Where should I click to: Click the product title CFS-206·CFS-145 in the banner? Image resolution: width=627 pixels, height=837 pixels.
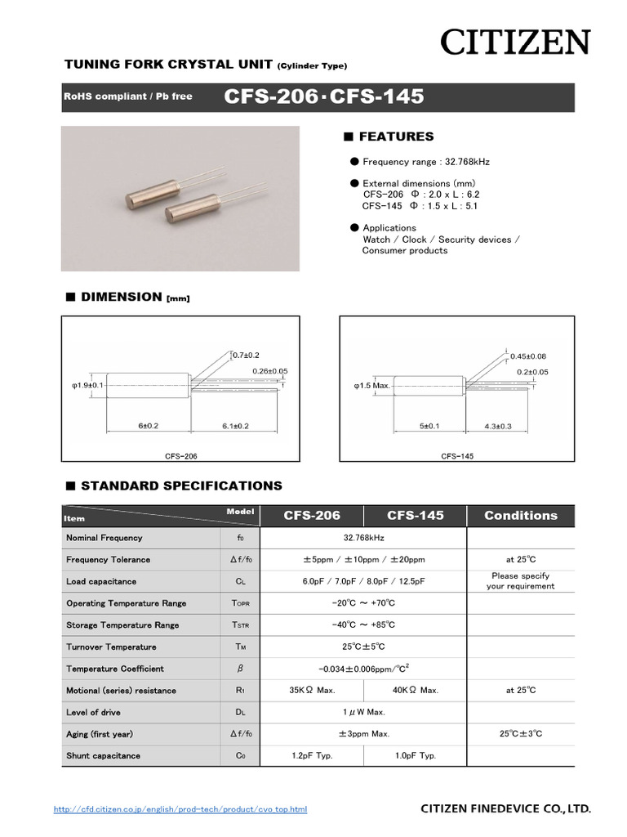[324, 96]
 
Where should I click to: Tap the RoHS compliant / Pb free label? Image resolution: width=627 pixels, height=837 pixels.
[128, 96]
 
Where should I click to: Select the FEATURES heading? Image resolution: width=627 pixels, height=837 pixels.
[396, 137]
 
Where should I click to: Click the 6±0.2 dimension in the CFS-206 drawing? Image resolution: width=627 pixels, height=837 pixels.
[148, 426]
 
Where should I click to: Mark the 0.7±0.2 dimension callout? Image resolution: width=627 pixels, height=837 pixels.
[246, 355]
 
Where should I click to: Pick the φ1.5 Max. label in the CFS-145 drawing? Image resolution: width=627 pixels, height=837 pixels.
[372, 384]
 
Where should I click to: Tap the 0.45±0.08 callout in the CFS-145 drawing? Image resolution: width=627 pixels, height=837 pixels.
[528, 356]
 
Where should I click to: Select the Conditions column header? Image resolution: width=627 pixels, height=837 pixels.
[520, 515]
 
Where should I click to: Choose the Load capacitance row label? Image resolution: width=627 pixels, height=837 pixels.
[101, 581]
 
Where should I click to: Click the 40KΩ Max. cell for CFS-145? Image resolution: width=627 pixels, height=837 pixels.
[415, 690]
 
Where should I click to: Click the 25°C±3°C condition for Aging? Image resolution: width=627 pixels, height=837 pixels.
[520, 734]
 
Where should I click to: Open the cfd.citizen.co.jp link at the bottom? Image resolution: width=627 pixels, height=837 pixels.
[180, 809]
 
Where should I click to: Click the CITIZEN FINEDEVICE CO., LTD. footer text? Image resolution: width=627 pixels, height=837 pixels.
[505, 808]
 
